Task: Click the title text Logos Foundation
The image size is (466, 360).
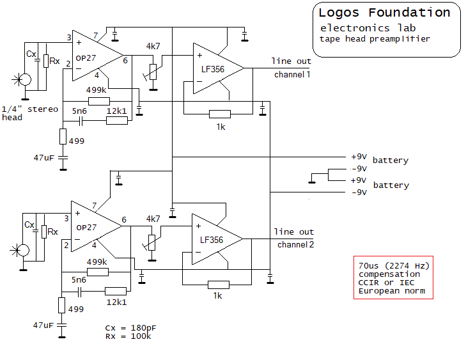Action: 384,13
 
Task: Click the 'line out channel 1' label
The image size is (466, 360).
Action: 291,68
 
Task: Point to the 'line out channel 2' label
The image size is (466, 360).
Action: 294,238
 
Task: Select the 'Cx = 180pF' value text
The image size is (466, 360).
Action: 130,328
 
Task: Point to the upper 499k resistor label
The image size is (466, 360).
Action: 96,90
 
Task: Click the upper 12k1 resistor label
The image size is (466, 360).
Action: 116,111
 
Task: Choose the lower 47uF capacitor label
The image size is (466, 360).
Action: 43,325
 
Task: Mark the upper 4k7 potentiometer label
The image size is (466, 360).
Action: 153,47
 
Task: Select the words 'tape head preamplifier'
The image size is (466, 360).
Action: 375,38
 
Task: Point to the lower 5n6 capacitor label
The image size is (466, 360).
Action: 79,280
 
